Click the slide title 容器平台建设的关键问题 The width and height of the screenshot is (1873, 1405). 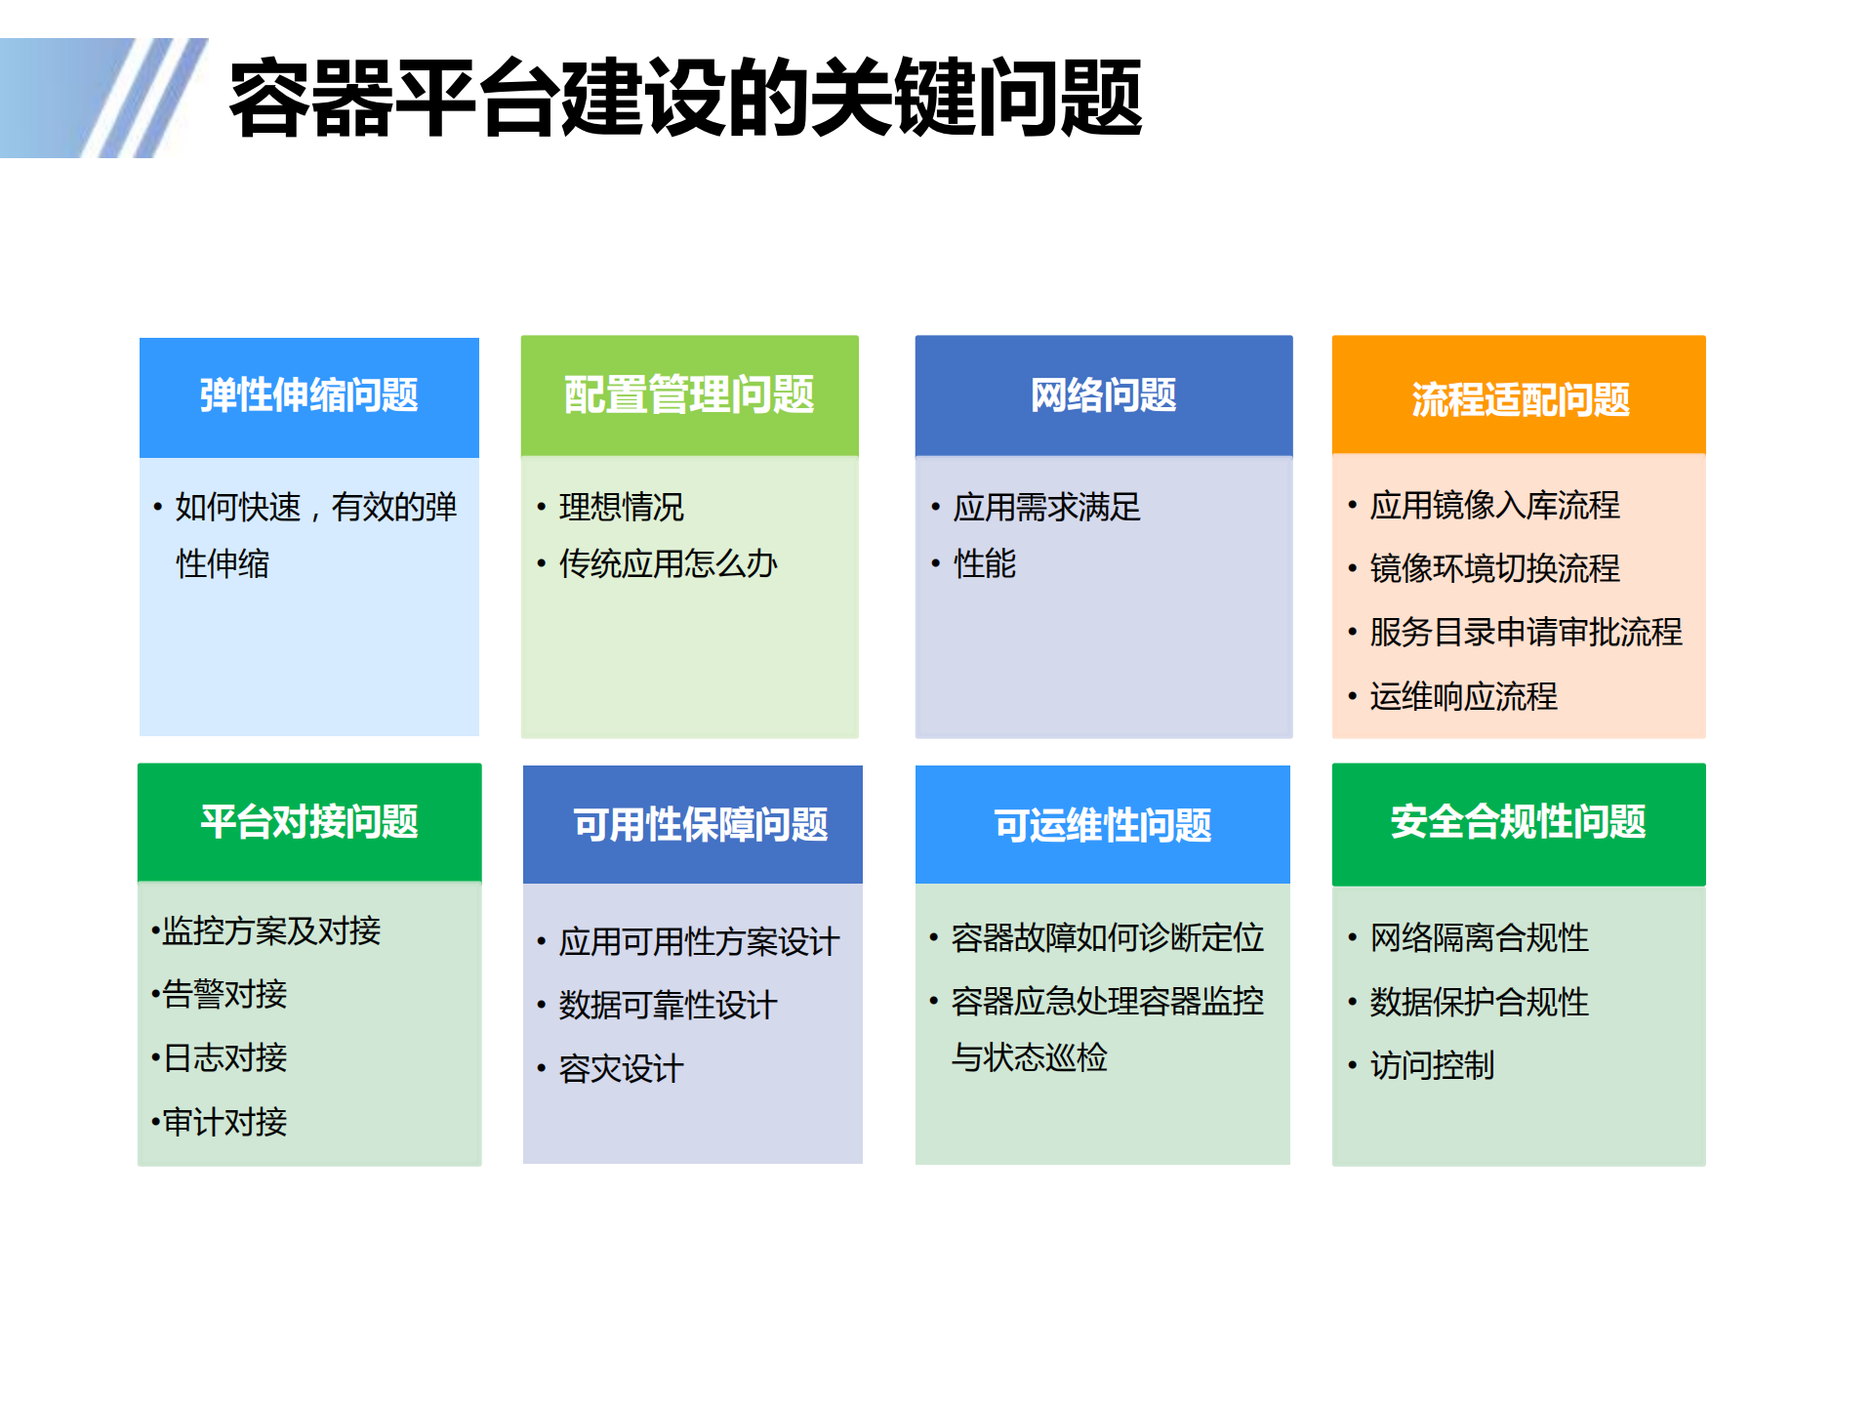685,98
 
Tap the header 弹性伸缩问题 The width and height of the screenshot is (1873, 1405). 308,396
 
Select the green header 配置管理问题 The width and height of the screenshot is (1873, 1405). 689,395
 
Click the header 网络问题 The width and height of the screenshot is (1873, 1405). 1103,395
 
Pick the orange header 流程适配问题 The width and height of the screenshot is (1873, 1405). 1520,399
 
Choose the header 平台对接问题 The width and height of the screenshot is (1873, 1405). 308,822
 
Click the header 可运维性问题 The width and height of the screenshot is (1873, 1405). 1102,826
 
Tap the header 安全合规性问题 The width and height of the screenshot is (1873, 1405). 1518,822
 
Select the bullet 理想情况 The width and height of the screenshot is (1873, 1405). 621,508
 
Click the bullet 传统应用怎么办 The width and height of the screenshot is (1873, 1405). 668,564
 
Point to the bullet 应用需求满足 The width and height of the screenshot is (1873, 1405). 1046,508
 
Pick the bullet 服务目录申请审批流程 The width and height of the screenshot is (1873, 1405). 1526,633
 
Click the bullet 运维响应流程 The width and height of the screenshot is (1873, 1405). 1463,697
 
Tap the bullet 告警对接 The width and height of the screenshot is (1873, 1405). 224,995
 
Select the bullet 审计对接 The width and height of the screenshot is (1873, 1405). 224,1123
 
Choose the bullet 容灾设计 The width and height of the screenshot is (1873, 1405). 621,1069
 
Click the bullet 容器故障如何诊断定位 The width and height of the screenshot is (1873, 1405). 1107,938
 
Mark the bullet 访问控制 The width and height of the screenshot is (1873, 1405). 1432,1066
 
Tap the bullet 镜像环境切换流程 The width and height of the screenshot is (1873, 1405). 1494,568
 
